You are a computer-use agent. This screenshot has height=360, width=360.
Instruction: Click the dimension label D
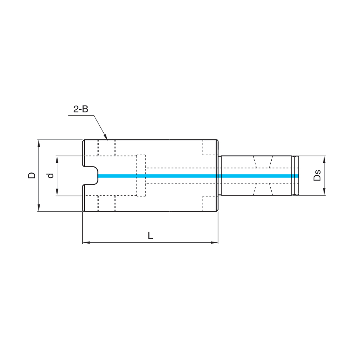pos(32,175)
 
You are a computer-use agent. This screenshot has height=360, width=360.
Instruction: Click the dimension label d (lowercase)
pos(50,176)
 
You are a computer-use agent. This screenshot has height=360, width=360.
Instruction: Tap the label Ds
pos(317,175)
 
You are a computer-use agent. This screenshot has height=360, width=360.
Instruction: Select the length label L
pos(150,235)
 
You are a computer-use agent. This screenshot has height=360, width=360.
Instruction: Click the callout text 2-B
pos(80,109)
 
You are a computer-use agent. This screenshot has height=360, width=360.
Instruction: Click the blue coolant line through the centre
pos(198,176)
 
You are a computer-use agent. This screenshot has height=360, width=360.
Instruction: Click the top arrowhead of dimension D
pos(39,143)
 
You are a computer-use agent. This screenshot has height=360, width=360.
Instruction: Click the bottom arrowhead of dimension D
pos(39,208)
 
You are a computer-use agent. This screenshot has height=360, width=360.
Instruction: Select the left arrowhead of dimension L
pos(86,242)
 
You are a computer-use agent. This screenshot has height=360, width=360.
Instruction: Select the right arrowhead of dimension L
pos(214,242)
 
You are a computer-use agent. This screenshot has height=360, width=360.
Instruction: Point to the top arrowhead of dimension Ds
pos(324,159)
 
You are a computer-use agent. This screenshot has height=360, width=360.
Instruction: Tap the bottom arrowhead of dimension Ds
pos(324,192)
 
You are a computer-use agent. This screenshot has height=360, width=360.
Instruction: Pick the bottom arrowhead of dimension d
pos(57,192)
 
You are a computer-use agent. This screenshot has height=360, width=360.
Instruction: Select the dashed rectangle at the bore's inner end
pos(141,176)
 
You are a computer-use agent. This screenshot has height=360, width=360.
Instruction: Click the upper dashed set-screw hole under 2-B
pos(107,148)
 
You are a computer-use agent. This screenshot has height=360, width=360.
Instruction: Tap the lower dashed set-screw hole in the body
pos(107,203)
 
